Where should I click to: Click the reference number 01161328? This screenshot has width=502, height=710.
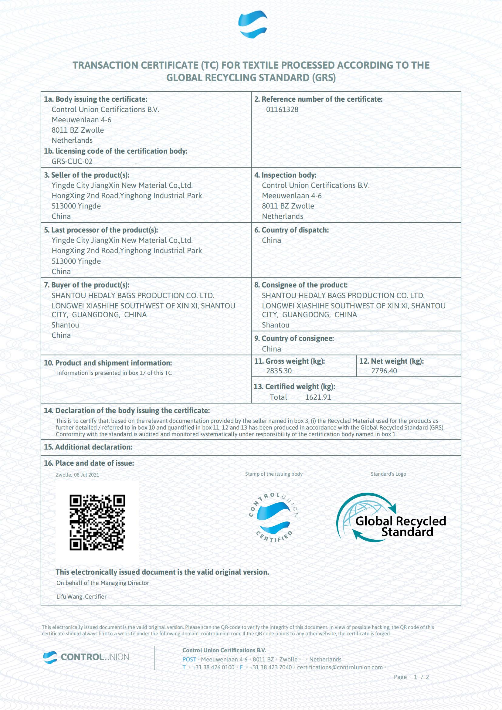click(282, 110)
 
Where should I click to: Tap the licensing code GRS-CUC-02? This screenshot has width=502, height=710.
click(72, 161)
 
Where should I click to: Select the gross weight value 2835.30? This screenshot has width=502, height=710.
click(279, 371)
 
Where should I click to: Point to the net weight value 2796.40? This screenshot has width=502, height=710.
click(384, 371)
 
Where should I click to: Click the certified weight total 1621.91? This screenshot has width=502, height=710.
click(318, 397)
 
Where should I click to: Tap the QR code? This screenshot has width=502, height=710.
click(97, 522)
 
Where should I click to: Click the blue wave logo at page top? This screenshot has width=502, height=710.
click(253, 24)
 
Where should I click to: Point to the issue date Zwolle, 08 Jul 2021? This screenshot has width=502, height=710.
click(77, 475)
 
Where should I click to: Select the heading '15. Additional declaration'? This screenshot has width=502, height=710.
click(88, 447)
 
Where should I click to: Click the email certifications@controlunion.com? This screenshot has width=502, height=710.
click(340, 667)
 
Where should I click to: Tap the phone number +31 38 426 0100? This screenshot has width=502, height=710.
click(213, 667)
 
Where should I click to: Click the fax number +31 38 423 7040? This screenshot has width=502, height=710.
click(270, 667)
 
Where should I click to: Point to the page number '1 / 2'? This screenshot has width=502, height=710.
click(421, 677)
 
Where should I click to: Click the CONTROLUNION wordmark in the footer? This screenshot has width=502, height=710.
click(95, 657)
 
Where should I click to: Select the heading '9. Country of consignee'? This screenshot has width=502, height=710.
click(294, 339)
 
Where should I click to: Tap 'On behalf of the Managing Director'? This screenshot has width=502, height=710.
click(103, 583)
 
